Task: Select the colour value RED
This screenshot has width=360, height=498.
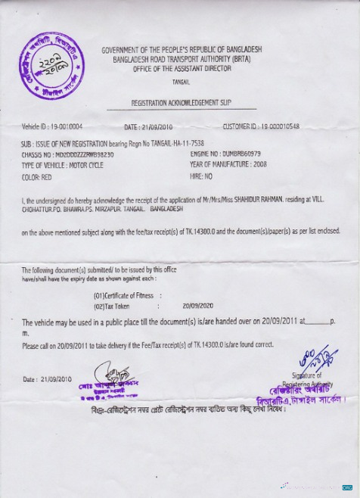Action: pos(46,176)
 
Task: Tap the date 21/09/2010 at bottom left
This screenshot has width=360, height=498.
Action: pos(56,379)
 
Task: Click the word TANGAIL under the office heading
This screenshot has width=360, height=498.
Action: pos(181,79)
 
